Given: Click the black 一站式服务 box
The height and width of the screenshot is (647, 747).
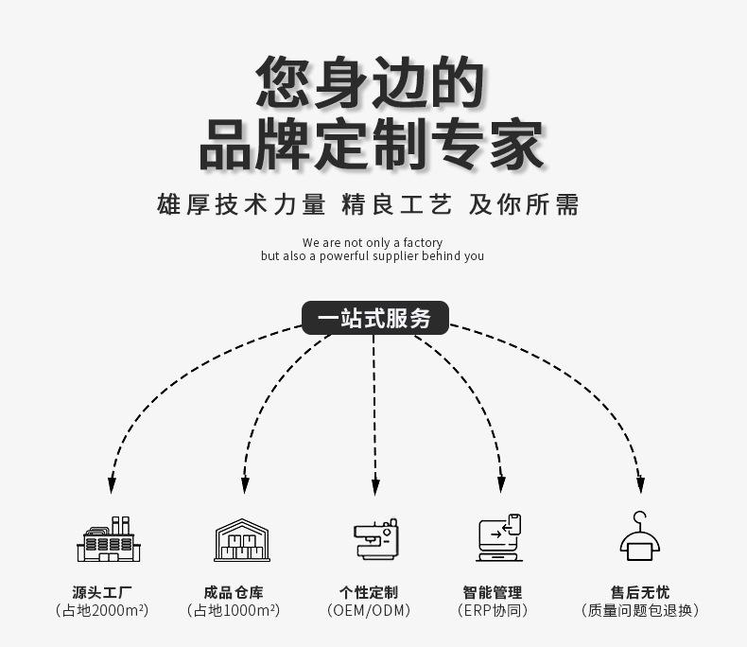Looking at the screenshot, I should tap(374, 318).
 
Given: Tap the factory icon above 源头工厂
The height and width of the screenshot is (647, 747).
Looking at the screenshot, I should tap(109, 540).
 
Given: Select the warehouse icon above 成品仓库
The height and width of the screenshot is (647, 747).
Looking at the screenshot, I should tap(242, 540).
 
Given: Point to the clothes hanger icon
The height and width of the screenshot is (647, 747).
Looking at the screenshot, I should tap(640, 536).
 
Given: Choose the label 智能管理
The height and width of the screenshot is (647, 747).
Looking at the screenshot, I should tap(492, 592).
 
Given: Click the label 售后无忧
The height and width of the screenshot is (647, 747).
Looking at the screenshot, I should tap(640, 592).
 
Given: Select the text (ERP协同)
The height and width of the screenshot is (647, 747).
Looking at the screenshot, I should tap(492, 611).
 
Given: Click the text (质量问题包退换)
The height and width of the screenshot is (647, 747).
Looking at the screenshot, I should tap(640, 611).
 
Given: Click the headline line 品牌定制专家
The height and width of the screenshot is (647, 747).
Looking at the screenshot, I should tap(372, 144).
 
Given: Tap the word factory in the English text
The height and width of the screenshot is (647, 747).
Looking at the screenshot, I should tap(423, 243).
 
